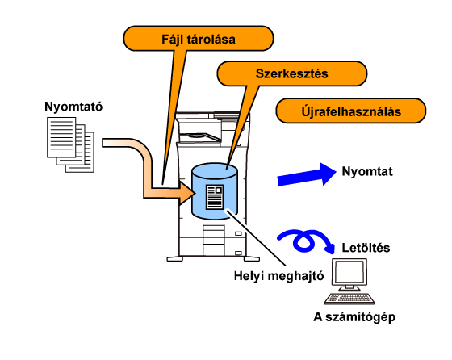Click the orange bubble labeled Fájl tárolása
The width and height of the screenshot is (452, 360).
click(x=199, y=38)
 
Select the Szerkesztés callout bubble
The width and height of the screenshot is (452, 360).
click(x=291, y=73)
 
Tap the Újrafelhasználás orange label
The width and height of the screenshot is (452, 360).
click(x=351, y=111)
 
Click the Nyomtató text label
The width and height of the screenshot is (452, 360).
click(x=73, y=107)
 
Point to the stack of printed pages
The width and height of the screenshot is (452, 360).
click(x=71, y=144)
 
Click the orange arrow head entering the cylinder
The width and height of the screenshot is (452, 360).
click(x=186, y=193)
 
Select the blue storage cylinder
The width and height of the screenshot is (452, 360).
click(x=215, y=191)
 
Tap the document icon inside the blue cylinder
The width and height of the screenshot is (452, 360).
click(x=215, y=197)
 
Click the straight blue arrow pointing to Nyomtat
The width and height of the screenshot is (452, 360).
click(x=307, y=174)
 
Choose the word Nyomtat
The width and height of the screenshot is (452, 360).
click(x=367, y=171)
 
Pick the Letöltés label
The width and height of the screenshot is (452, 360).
click(x=366, y=248)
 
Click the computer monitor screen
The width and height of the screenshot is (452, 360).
click(x=349, y=272)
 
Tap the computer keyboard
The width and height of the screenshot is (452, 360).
click(x=349, y=299)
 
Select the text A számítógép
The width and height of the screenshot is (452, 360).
click(x=354, y=317)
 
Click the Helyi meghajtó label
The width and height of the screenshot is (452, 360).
click(x=278, y=276)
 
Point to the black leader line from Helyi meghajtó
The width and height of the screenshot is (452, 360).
click(x=257, y=237)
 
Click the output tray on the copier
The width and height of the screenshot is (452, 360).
click(x=199, y=137)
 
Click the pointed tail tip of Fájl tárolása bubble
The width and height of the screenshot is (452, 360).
click(x=162, y=184)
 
